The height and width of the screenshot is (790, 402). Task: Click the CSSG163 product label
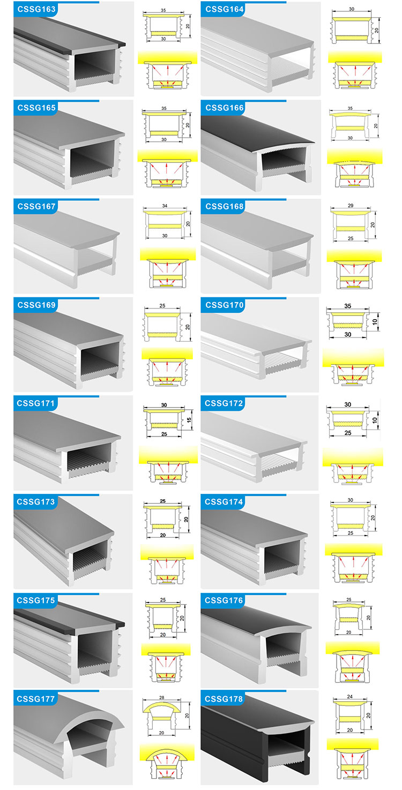(x=36, y=9)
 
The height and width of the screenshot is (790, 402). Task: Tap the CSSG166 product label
(x=225, y=108)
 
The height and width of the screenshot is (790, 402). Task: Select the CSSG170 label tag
(x=225, y=305)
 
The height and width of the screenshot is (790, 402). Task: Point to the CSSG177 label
(x=36, y=698)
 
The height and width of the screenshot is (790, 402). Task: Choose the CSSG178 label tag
(x=224, y=698)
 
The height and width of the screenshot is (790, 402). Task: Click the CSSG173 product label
(x=36, y=501)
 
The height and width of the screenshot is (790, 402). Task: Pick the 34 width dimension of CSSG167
(x=165, y=206)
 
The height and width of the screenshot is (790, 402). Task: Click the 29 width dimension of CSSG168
(x=351, y=205)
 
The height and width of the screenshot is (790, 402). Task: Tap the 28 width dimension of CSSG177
(x=162, y=697)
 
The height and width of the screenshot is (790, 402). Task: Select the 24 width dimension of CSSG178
(x=350, y=696)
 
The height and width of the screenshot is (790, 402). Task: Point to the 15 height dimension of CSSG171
(x=189, y=420)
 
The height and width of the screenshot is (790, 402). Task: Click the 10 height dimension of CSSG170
(x=375, y=321)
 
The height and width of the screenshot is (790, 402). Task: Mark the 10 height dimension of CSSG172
(x=375, y=420)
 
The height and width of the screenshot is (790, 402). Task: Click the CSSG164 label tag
(x=225, y=9)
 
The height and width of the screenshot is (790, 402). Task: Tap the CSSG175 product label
(x=36, y=600)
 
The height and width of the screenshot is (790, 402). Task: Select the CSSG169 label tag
(x=36, y=305)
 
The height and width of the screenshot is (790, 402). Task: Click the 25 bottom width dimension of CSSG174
(x=351, y=533)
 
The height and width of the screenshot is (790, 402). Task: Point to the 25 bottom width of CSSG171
(x=164, y=434)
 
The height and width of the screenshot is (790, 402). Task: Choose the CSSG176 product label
(x=224, y=600)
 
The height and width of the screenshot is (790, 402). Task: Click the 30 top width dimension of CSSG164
(x=352, y=9)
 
